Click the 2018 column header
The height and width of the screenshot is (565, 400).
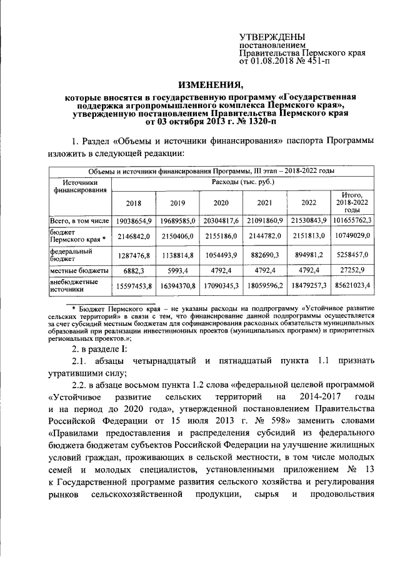click(133, 203)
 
